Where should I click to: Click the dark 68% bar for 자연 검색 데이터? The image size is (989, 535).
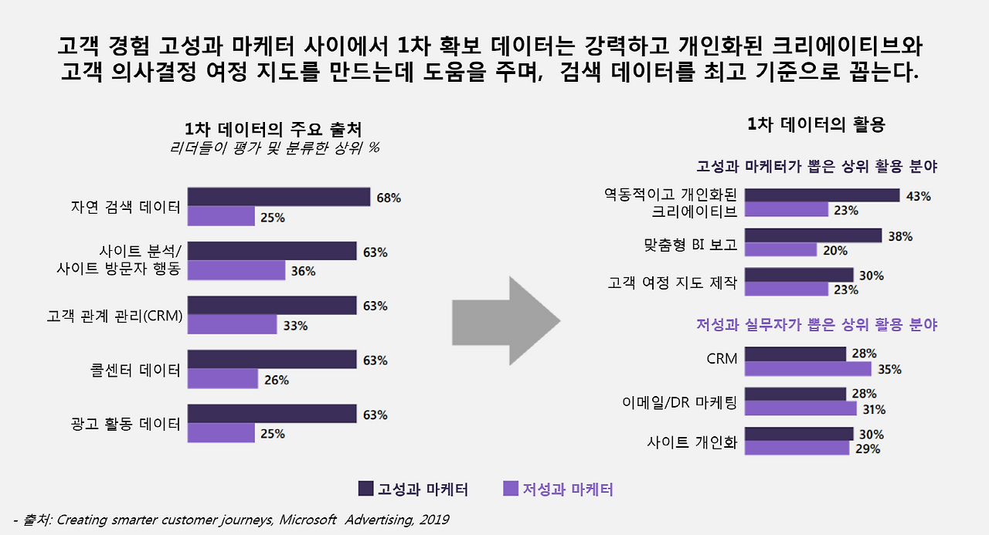click(x=278, y=197)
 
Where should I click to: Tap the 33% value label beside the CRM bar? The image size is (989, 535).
click(x=295, y=326)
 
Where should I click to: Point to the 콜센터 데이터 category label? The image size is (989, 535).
click(x=135, y=370)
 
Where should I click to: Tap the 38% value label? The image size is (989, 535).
click(x=900, y=236)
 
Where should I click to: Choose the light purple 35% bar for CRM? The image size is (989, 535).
click(x=807, y=369)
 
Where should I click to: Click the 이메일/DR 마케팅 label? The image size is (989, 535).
click(x=680, y=401)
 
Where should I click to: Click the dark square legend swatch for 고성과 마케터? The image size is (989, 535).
click(x=366, y=489)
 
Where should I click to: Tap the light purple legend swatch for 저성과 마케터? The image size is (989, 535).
click(x=510, y=489)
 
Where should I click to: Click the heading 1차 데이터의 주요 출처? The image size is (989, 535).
click(x=273, y=129)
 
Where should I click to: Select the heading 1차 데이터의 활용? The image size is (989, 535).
click(x=816, y=124)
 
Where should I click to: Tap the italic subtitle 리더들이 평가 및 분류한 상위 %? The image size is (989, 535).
click(x=274, y=147)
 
